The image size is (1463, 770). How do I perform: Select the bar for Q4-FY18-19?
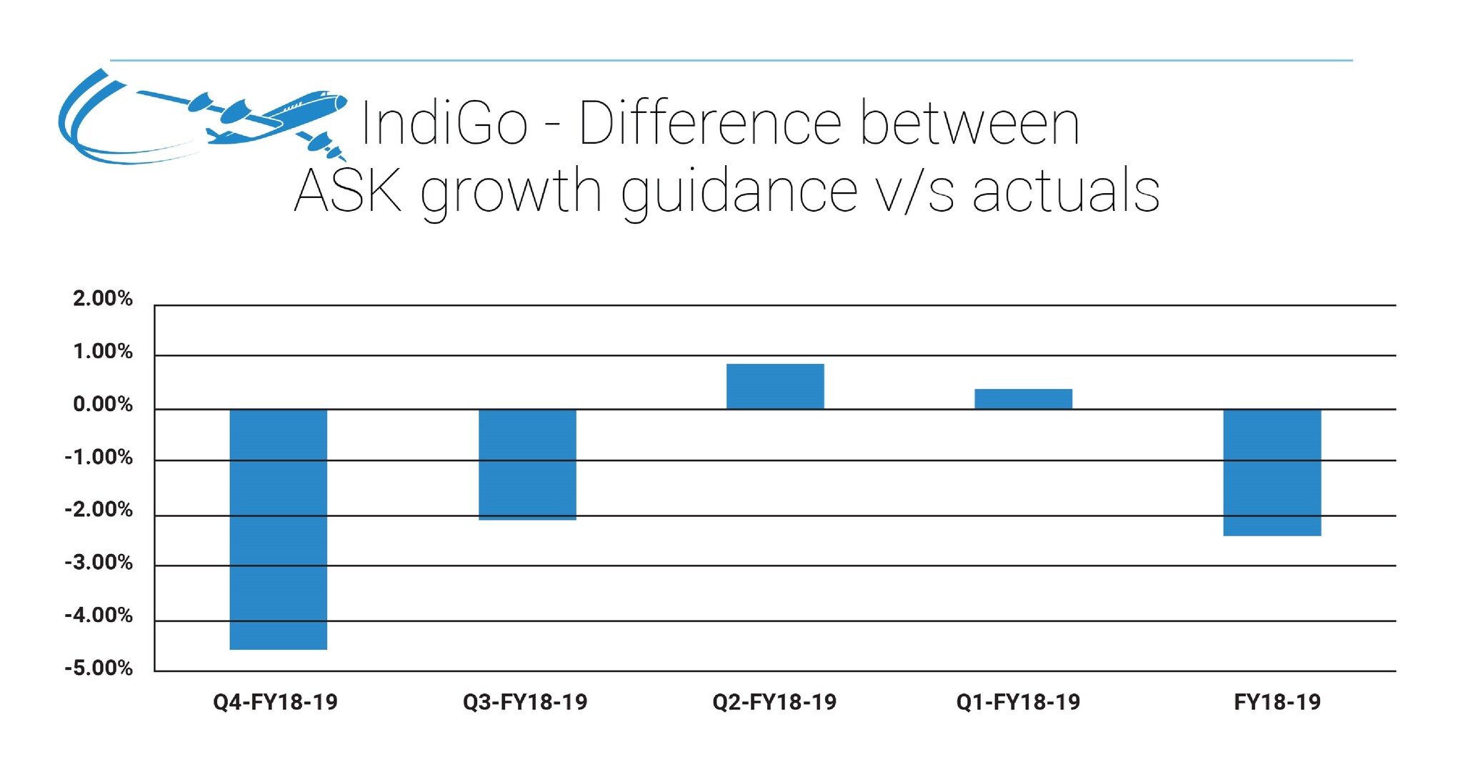[278, 529]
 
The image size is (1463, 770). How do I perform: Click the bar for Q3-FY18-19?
[527, 464]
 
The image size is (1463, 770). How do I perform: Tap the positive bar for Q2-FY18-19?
[775, 386]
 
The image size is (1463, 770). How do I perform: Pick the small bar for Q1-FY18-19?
[1023, 399]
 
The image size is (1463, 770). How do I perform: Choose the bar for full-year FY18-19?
[1272, 472]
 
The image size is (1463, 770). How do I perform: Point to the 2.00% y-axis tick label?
[103, 299]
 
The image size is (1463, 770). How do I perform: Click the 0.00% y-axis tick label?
[103, 405]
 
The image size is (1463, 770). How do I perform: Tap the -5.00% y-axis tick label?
[99, 668]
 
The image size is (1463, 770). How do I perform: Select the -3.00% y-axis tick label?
[99, 563]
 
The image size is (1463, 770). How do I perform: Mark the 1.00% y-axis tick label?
[103, 352]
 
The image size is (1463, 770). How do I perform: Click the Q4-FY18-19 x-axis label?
[275, 702]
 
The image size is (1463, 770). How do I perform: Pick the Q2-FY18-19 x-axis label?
[774, 702]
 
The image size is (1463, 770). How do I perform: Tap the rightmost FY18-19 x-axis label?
[1277, 702]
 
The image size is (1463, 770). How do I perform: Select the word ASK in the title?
[348, 191]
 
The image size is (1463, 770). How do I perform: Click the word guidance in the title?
[739, 192]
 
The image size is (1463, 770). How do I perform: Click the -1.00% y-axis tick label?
[99, 458]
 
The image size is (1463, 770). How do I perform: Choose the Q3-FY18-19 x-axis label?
[525, 702]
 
